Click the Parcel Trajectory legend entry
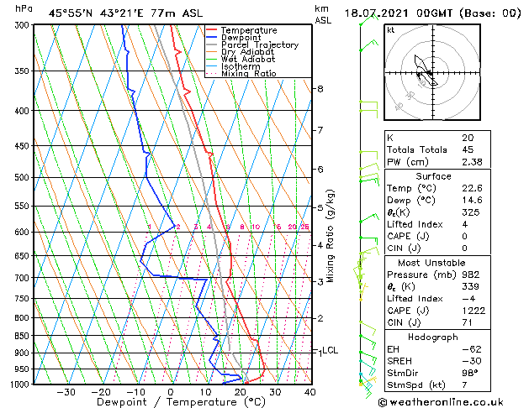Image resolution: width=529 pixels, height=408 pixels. click(259, 45)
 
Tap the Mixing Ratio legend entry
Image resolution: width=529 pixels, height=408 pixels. click(248, 74)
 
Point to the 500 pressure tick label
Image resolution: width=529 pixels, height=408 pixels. click(22, 178)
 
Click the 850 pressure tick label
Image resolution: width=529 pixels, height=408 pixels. click(22, 336)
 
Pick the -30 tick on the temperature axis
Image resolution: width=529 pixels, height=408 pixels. click(66, 391)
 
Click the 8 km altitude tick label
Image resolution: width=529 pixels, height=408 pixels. click(320, 88)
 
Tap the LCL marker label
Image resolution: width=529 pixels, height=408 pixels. click(331, 350)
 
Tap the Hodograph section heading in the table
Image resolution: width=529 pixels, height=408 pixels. click(434, 337)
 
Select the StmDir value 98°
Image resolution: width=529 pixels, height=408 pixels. click(469, 373)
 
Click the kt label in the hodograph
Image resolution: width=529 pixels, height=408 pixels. click(391, 30)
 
